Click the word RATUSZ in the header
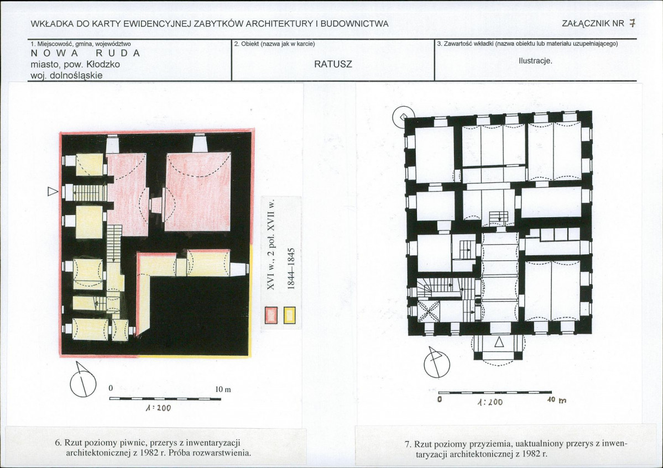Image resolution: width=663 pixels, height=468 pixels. [333, 64]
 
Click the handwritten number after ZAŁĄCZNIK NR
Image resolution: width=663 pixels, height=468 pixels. [632, 23]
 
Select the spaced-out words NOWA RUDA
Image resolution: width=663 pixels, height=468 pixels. [85, 53]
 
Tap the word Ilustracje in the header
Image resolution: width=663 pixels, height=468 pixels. [535, 61]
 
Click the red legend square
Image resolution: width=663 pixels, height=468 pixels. [270, 315]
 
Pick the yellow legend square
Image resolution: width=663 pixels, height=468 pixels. [290, 315]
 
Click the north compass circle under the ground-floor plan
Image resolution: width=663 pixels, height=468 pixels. [437, 364]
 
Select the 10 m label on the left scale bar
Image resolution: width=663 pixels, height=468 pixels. [223, 389]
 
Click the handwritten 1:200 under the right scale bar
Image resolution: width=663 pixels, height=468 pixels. [489, 402]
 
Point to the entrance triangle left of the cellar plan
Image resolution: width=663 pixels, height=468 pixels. [53, 192]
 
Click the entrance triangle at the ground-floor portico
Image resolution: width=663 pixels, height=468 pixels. [499, 341]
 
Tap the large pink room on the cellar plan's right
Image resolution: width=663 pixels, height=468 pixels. [199, 192]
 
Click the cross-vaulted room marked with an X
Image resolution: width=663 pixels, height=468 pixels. [429, 312]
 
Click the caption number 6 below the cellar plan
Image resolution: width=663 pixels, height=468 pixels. [58, 443]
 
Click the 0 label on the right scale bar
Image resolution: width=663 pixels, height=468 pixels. [440, 398]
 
